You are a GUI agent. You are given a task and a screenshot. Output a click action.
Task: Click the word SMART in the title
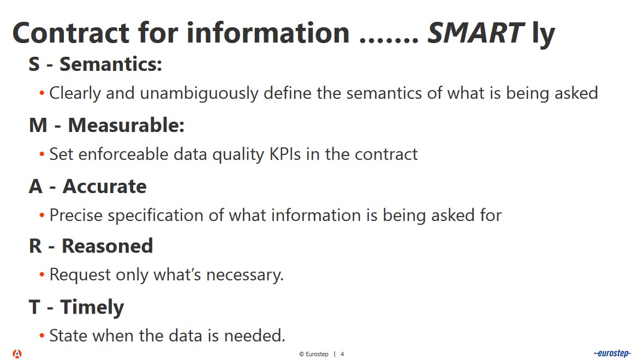[x=475, y=33]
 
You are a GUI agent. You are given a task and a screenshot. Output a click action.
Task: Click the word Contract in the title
[x=71, y=33]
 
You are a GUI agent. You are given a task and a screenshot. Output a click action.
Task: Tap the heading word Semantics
[x=111, y=64]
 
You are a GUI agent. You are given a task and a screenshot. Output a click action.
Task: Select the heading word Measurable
[x=126, y=125]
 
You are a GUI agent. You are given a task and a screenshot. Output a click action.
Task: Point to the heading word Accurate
[x=104, y=187]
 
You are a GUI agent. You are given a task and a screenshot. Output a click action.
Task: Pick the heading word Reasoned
[x=107, y=247]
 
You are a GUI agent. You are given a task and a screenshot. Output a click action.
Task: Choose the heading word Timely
[x=92, y=308]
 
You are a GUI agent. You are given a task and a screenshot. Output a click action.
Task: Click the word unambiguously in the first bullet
[x=199, y=94]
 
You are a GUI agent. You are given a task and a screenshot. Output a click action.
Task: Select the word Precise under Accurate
[x=76, y=215]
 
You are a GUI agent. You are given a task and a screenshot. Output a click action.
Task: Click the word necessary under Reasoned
[x=245, y=275]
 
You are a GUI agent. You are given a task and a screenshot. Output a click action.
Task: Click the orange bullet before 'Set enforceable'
[x=42, y=155]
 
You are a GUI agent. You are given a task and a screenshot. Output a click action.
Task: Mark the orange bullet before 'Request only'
[x=42, y=274]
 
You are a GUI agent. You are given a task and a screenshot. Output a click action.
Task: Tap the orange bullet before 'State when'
[x=42, y=336]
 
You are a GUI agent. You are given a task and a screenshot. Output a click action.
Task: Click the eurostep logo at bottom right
[x=612, y=353]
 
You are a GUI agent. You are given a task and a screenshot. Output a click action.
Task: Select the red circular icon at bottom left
[x=17, y=353]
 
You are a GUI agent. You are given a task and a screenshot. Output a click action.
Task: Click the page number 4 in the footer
[x=342, y=354]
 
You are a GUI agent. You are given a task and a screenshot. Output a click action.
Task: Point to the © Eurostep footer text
[x=314, y=354]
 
